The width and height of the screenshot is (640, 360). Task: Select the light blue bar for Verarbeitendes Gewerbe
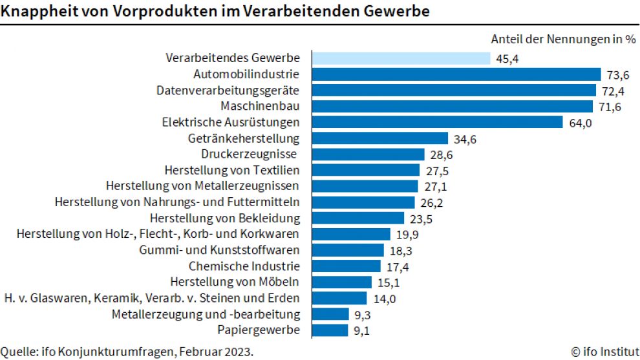click(x=401, y=58)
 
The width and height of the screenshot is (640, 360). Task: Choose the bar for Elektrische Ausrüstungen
click(x=438, y=122)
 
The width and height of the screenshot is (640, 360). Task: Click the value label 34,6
click(x=464, y=138)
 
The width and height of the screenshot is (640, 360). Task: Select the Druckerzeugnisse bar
click(x=368, y=154)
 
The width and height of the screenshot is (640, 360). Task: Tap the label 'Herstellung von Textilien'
click(x=232, y=170)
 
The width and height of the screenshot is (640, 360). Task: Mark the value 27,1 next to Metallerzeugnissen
click(x=434, y=186)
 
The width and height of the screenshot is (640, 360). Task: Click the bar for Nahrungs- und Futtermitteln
click(x=364, y=202)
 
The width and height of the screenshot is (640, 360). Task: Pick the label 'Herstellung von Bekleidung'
click(x=225, y=218)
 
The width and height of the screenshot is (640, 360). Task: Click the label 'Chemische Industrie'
click(x=244, y=266)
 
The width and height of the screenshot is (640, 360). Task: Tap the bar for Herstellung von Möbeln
click(x=343, y=282)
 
